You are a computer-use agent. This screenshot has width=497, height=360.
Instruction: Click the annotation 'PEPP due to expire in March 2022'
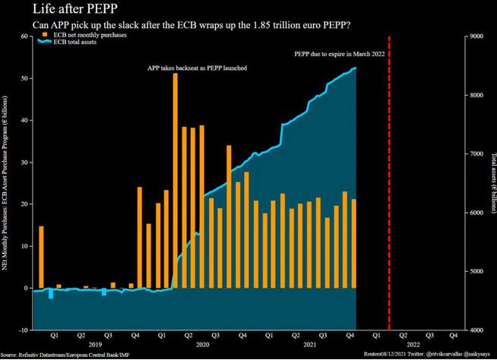click(x=340, y=55)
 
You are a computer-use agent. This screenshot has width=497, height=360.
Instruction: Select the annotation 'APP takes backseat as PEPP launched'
click(x=197, y=68)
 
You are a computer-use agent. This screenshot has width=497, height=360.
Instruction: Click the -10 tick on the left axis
click(x=25, y=330)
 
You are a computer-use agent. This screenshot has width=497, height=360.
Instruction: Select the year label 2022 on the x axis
click(x=416, y=345)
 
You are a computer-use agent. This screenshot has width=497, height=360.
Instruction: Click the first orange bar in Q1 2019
click(x=41, y=257)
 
